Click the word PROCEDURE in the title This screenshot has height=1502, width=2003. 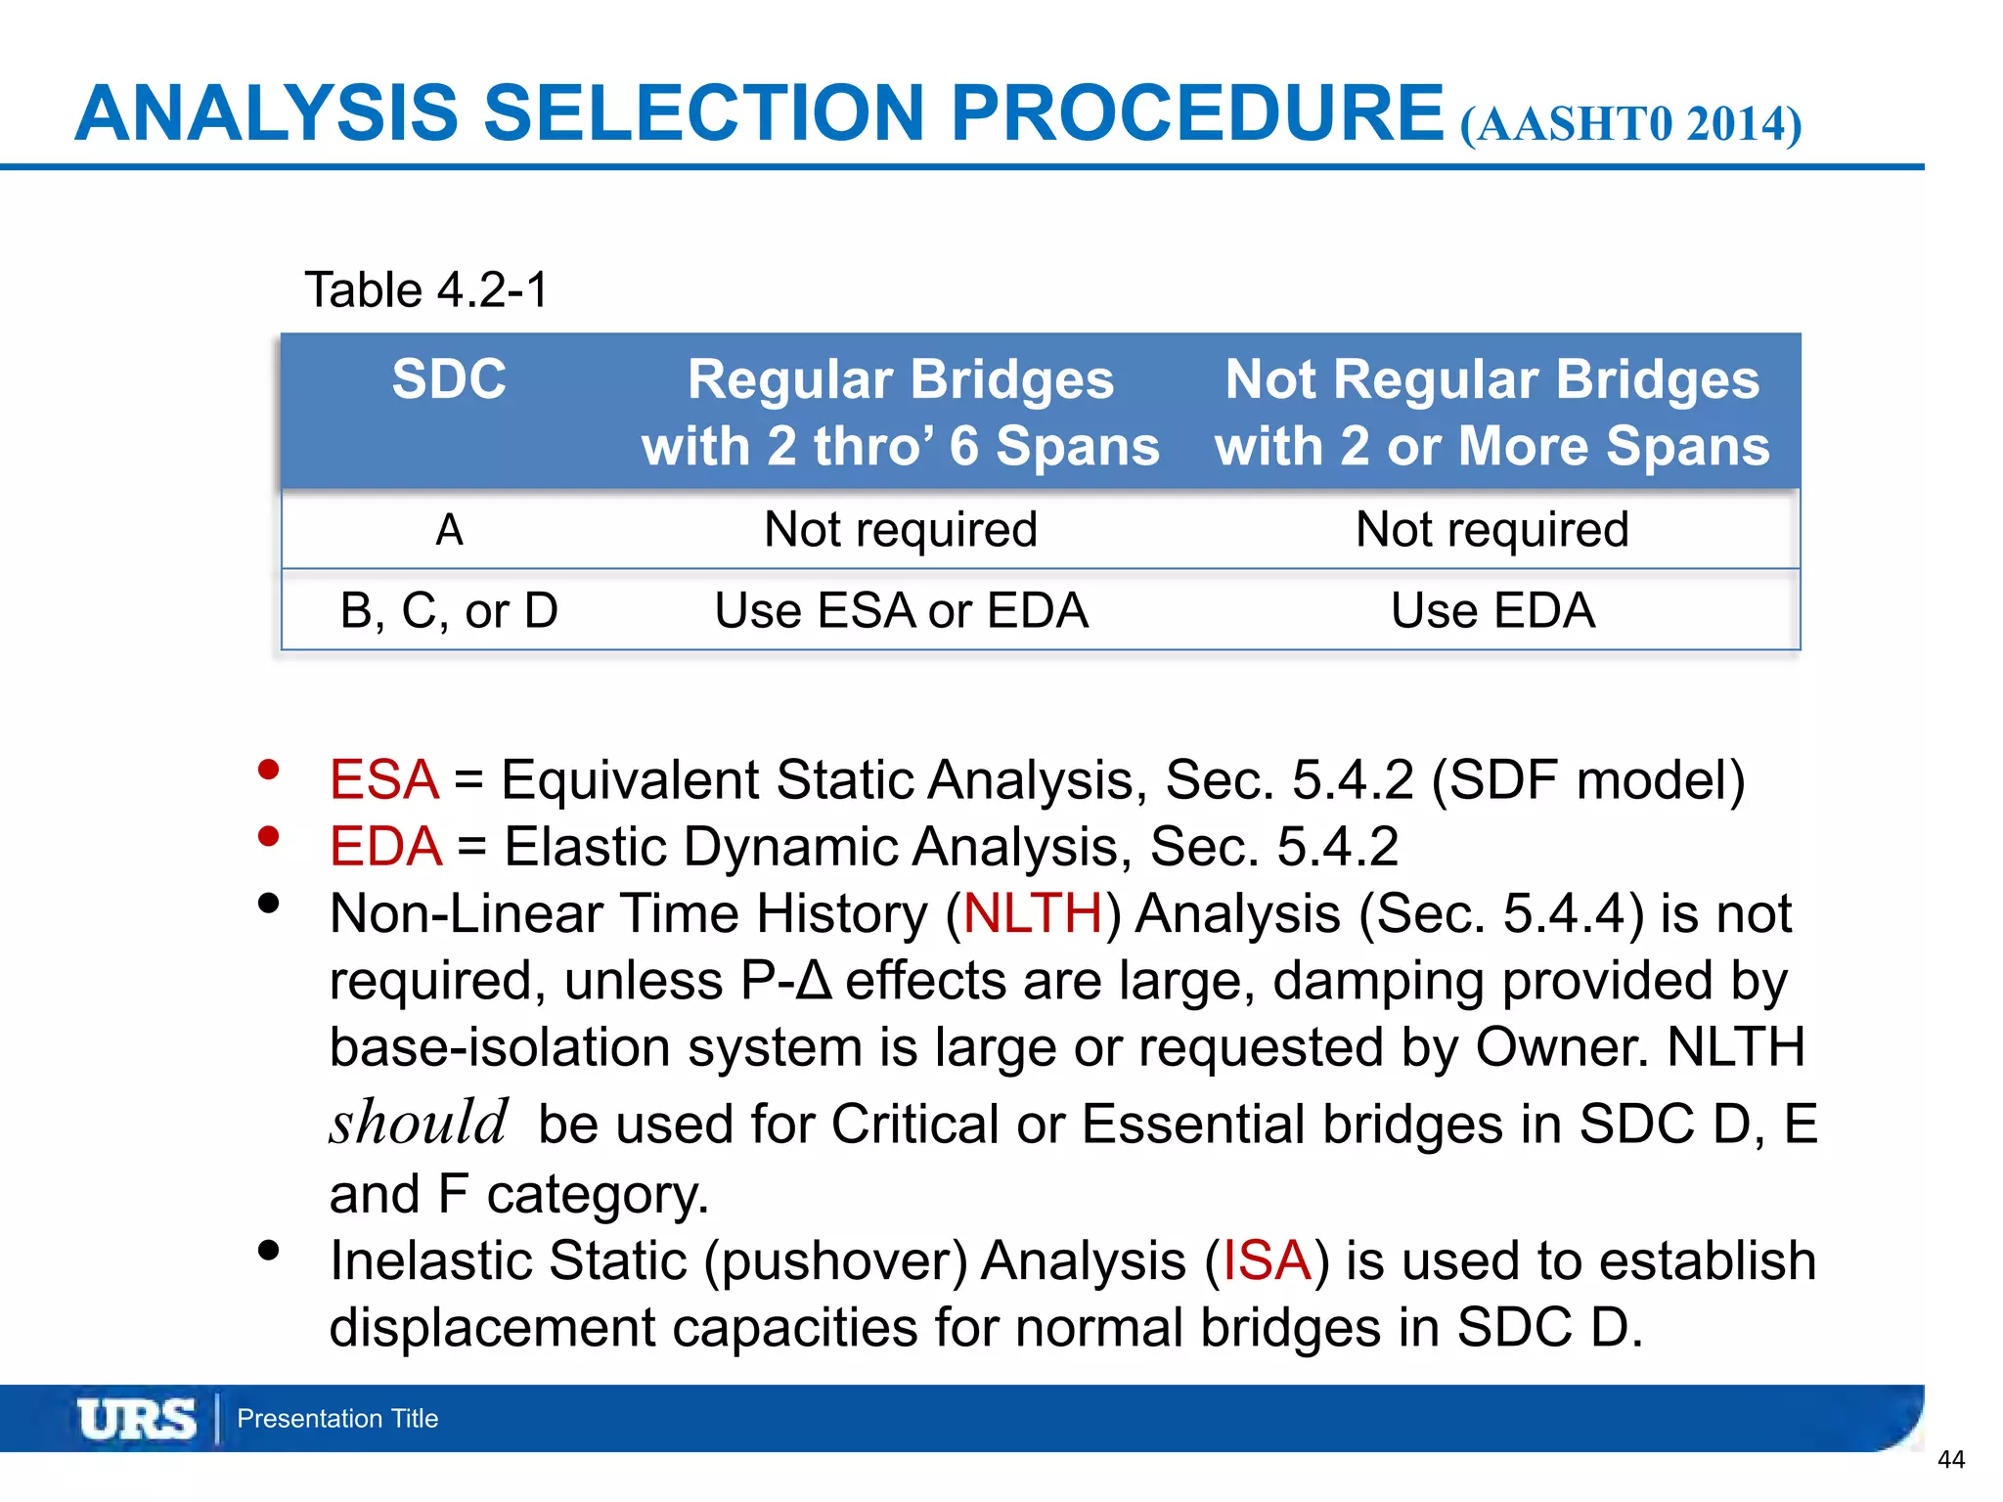pyautogui.click(x=1197, y=112)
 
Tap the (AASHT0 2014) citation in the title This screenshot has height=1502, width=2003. pyautogui.click(x=1630, y=124)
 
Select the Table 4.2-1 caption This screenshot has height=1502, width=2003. pyautogui.click(x=426, y=289)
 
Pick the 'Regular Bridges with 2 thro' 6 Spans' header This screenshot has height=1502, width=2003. pyautogui.click(x=900, y=412)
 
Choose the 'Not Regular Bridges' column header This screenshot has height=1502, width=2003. pyautogui.click(x=1491, y=412)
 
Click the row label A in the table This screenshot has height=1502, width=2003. pyautogui.click(x=449, y=530)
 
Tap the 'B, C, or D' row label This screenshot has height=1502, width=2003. pyautogui.click(x=449, y=610)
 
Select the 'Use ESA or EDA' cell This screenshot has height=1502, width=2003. pyautogui.click(x=901, y=610)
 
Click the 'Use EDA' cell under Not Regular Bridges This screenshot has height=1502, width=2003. pyautogui.click(x=1492, y=610)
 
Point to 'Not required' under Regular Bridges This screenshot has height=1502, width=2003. pyautogui.click(x=901, y=530)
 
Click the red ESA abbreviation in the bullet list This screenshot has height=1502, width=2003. pyautogui.click(x=384, y=780)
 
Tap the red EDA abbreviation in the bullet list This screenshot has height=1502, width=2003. pyautogui.click(x=385, y=847)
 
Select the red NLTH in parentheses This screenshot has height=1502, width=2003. pyautogui.click(x=1033, y=913)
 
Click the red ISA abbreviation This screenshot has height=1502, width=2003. pyautogui.click(x=1267, y=1259)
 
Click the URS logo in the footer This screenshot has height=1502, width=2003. pyautogui.click(x=137, y=1419)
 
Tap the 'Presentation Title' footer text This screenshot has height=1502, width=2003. pyautogui.click(x=337, y=1419)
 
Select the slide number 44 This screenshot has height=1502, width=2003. pyautogui.click(x=1950, y=1460)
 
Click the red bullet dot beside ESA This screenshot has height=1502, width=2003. pyautogui.click(x=268, y=771)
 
